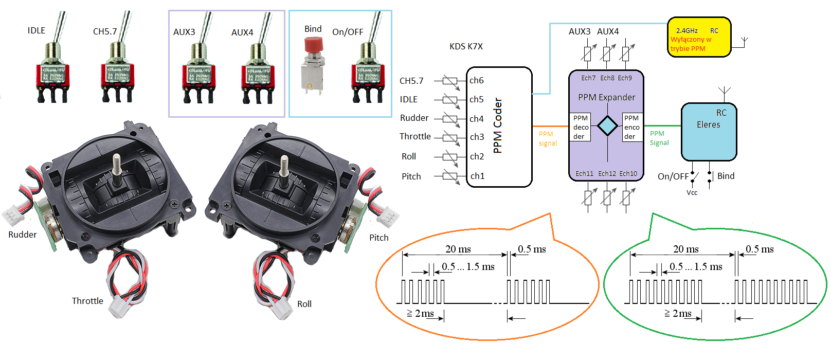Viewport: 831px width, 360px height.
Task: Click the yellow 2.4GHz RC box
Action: pyautogui.click(x=698, y=37)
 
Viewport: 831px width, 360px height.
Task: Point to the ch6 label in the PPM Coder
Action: pyautogui.click(x=476, y=80)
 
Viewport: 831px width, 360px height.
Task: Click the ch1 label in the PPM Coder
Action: pyautogui.click(x=477, y=176)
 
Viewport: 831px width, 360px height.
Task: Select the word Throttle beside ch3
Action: pyautogui.click(x=415, y=136)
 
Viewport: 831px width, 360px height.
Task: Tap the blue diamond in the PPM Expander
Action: pyautogui.click(x=607, y=126)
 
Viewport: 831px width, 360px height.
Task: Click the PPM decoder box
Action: pyautogui.click(x=581, y=127)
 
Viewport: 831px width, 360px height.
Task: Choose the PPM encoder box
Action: pyautogui.click(x=632, y=127)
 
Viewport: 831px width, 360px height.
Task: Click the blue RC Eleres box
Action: pyautogui.click(x=709, y=132)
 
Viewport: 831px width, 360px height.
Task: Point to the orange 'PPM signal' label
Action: pyautogui.click(x=548, y=138)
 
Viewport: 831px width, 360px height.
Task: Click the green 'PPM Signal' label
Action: pyautogui.click(x=659, y=138)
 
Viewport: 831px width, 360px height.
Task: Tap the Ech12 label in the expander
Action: pyautogui.click(x=607, y=174)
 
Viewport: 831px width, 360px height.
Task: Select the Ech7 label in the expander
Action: pyautogui.click(x=588, y=78)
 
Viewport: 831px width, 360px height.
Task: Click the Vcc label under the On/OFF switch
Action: pyautogui.click(x=692, y=193)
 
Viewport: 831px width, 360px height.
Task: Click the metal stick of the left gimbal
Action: pyautogui.click(x=117, y=164)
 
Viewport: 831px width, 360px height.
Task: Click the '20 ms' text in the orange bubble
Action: pyautogui.click(x=458, y=249)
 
